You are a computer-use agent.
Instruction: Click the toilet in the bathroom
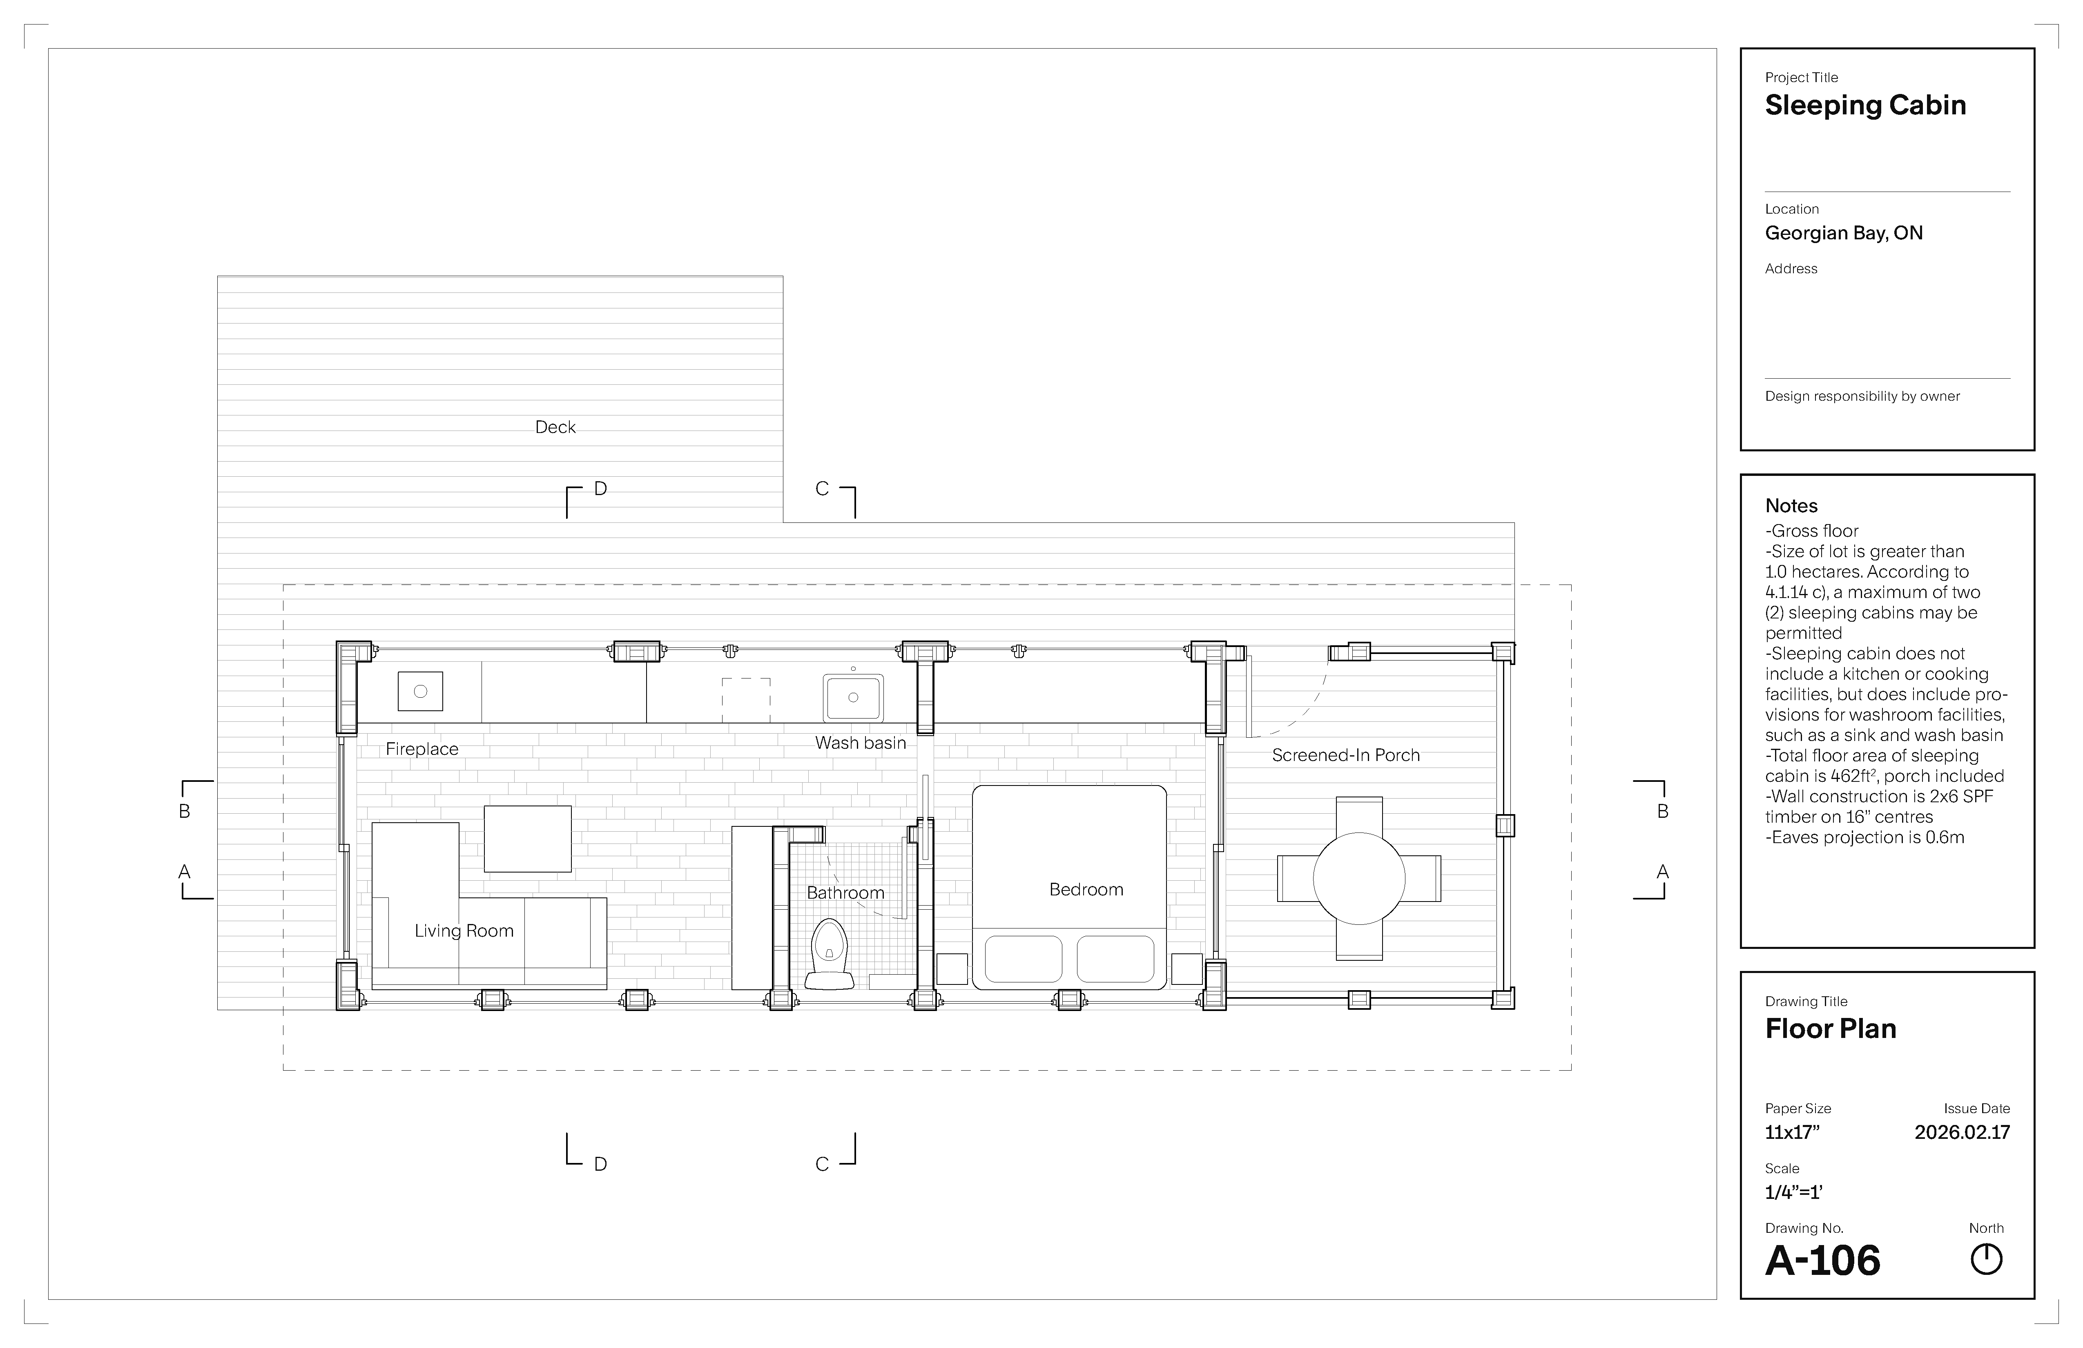tap(829, 954)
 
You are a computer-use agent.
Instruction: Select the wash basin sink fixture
tap(852, 698)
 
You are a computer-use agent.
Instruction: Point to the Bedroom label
tap(1086, 889)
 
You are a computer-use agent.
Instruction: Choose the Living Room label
tap(464, 931)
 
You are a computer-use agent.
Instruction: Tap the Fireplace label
tap(422, 749)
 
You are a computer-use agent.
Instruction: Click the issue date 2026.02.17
tap(1962, 1132)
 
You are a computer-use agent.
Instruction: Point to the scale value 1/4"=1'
tap(1793, 1191)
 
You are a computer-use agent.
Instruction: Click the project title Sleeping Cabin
tap(1865, 105)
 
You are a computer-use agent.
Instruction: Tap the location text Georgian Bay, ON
tap(1843, 233)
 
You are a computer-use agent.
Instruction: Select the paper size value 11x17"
tap(1791, 1132)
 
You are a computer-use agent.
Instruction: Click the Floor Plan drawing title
tap(1830, 1029)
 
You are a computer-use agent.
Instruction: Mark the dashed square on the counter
tap(746, 700)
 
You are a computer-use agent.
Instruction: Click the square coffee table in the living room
tap(528, 839)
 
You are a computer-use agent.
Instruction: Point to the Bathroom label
tap(845, 893)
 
